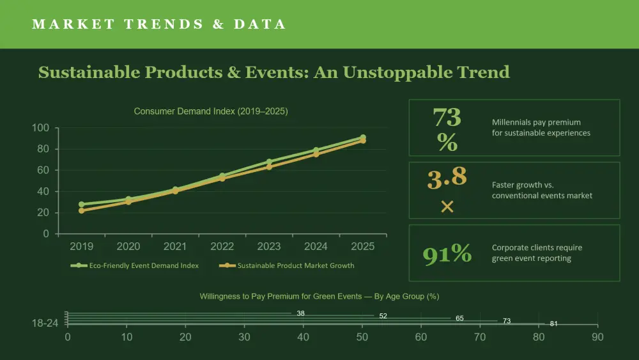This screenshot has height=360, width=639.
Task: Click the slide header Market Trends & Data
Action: pyautogui.click(x=159, y=24)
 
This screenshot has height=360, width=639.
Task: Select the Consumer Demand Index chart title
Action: pyautogui.click(x=211, y=111)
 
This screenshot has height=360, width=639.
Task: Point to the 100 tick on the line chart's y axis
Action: pyautogui.click(x=40, y=128)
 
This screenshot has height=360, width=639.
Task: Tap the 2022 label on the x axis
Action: pyautogui.click(x=222, y=246)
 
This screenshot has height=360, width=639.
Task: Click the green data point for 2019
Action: pyautogui.click(x=82, y=204)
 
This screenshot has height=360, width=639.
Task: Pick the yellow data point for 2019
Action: pyautogui.click(x=82, y=211)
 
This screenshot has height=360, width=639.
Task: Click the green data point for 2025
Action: pyautogui.click(x=363, y=137)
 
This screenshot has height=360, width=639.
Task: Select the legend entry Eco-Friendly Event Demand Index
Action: pyautogui.click(x=134, y=265)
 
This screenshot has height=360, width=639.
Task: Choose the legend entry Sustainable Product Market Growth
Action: pyautogui.click(x=286, y=265)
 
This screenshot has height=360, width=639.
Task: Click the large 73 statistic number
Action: pyautogui.click(x=447, y=117)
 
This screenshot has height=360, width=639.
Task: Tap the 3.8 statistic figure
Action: pyautogui.click(x=447, y=178)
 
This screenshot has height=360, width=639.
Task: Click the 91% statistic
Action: pyautogui.click(x=447, y=254)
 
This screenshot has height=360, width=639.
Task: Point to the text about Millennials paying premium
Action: pyautogui.click(x=541, y=128)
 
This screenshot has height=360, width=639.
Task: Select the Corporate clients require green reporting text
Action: pyautogui.click(x=537, y=253)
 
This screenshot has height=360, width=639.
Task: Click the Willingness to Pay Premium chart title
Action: pyautogui.click(x=319, y=297)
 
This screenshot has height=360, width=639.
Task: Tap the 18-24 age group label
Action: pyautogui.click(x=45, y=324)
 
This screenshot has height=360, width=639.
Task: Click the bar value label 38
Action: pyautogui.click(x=301, y=313)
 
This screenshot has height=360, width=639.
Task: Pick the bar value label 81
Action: pyautogui.click(x=553, y=324)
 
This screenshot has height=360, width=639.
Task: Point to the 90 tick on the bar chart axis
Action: pyautogui.click(x=597, y=337)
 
